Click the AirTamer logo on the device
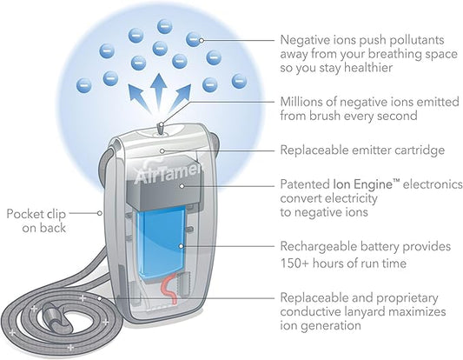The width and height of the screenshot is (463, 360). [169, 175]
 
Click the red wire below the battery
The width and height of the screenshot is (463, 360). [169, 289]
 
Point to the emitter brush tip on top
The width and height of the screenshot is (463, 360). [161, 129]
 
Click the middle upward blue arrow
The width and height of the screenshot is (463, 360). [159, 92]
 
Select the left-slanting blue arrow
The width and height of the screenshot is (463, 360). [138, 98]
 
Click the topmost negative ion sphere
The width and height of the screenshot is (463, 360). [165, 27]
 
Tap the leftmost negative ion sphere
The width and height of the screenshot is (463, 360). [84, 85]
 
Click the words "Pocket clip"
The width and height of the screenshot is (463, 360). [36, 214]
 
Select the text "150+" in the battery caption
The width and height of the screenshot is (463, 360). [295, 263]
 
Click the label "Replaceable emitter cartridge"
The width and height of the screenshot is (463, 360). [362, 150]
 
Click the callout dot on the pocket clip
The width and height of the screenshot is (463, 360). [100, 213]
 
